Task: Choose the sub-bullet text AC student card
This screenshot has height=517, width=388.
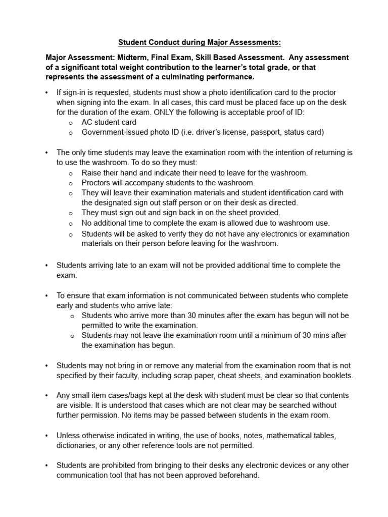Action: tap(109, 122)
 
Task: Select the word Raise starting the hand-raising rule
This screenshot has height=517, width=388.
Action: tap(92, 173)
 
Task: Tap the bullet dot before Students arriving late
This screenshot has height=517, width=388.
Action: tap(46, 266)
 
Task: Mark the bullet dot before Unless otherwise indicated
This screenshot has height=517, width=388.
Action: tap(46, 436)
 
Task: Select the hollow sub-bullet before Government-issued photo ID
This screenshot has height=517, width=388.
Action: tap(72, 133)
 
